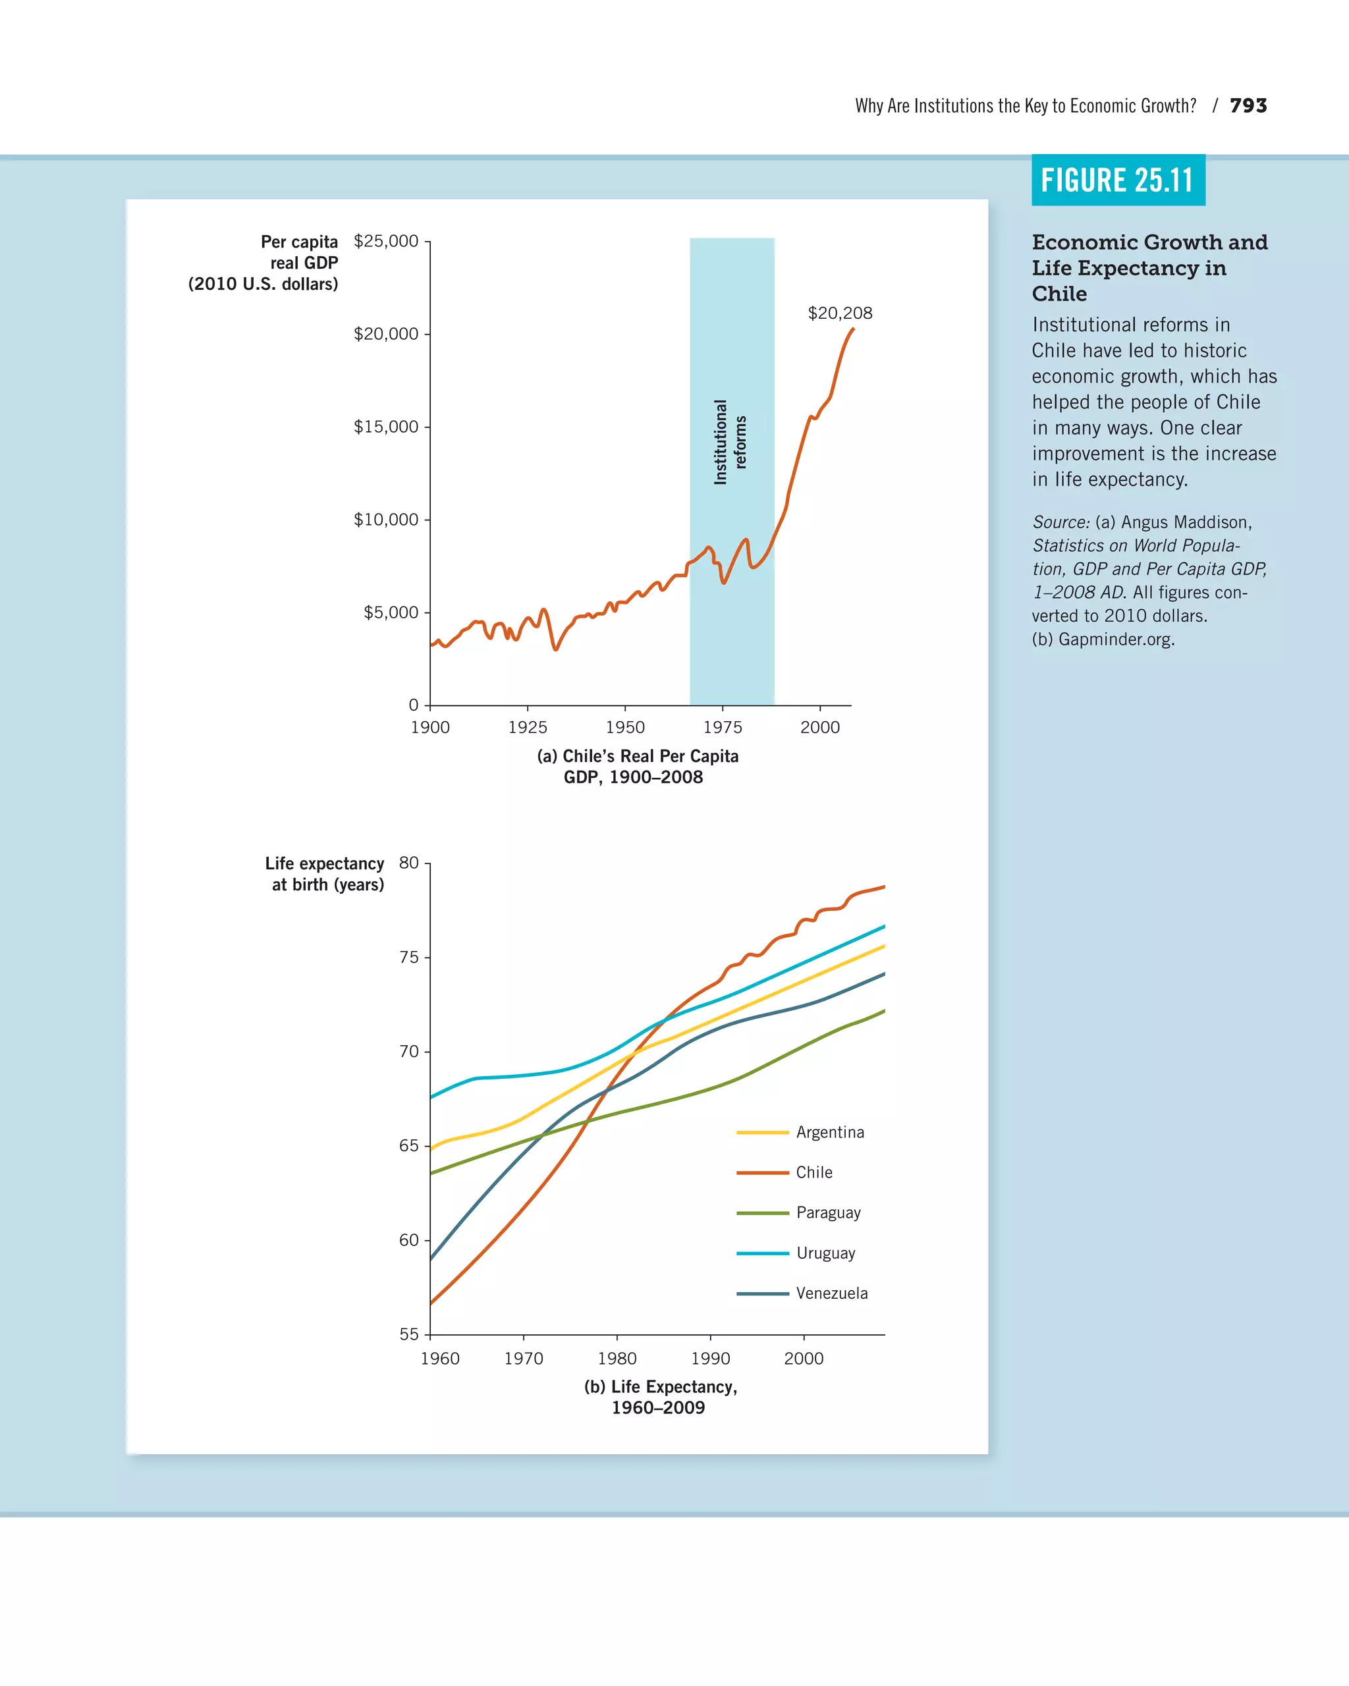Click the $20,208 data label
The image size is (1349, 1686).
[839, 313]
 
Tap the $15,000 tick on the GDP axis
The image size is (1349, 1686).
[385, 426]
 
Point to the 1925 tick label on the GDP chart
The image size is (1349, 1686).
[527, 727]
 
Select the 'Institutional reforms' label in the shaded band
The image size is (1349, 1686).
[730, 443]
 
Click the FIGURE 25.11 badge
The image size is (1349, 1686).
[1118, 180]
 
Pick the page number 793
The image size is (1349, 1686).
[1248, 105]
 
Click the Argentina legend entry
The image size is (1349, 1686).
[829, 1132]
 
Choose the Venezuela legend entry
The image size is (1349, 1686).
[831, 1293]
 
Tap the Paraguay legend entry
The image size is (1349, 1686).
[827, 1213]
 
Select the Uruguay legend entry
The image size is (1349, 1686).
[825, 1253]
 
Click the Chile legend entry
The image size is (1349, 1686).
[813, 1172]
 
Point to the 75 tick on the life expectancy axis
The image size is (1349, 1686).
[409, 957]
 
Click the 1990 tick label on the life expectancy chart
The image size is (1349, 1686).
[710, 1358]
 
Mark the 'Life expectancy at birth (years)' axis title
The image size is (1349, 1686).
[325, 873]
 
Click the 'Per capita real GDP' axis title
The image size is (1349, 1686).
[264, 263]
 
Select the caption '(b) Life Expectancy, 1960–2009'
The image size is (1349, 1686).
[659, 1397]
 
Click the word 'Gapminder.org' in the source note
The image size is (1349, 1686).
[1115, 639]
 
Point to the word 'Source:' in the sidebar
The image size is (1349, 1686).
[1060, 522]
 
